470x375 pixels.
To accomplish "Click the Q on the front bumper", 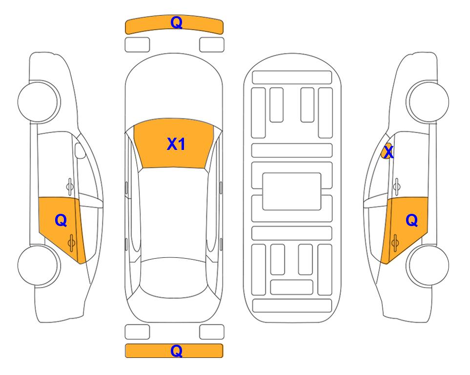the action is pos(176,22).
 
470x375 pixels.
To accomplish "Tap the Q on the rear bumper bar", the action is pos(176,351).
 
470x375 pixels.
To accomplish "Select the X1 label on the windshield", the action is pos(176,144).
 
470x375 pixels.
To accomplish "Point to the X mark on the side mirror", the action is pos(388,151).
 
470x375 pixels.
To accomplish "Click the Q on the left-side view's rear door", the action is pos(61,221).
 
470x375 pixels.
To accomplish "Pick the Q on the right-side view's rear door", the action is pos(411,221).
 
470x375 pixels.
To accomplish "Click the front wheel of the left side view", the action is pos(39,102).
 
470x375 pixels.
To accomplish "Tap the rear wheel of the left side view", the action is pos(39,265).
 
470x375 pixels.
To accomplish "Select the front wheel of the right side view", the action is pos(428,102).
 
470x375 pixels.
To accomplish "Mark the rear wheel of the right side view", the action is pos(428,265).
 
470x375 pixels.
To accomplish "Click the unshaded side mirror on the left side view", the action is pos(80,150).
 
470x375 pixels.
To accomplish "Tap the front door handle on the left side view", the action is pos(70,187).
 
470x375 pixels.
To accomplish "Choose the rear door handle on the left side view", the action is pos(72,243).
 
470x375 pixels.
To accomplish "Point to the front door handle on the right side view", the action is pos(397,187).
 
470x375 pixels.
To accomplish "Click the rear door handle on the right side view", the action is pos(395,243).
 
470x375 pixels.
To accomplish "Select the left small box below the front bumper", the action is pos(137,45).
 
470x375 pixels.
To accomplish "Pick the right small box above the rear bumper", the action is pos(212,332).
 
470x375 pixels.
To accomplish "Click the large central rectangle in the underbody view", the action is pos(292,191).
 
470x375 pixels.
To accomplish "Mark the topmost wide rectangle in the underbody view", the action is pos(292,78).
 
